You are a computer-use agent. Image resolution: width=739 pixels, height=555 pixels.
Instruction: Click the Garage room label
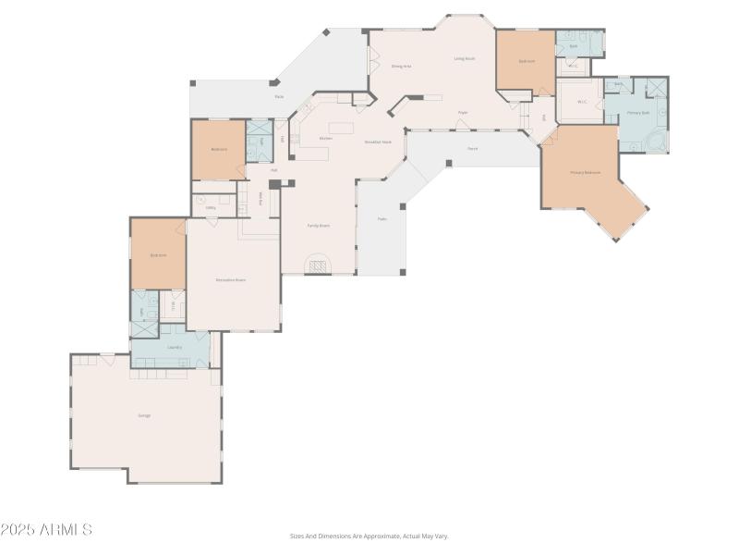[x=144, y=415]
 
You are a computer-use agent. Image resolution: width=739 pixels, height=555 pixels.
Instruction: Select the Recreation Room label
[x=230, y=279]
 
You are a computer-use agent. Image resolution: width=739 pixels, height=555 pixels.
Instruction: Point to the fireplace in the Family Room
[x=318, y=266]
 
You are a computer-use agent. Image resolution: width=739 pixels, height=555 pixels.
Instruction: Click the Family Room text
[x=319, y=225]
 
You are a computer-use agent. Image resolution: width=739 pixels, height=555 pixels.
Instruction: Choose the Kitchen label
[x=325, y=139]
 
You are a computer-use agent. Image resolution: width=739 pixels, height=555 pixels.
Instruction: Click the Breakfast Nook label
[x=378, y=142]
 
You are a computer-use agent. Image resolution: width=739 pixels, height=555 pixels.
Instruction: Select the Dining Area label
[x=401, y=67]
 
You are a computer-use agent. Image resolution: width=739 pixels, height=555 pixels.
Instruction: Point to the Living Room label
[x=464, y=58]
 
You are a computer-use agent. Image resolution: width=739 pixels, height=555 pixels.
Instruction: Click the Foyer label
[x=463, y=113]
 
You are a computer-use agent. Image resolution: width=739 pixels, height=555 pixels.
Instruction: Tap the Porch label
[x=472, y=148]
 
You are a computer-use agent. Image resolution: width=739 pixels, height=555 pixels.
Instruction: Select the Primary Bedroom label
[x=585, y=173]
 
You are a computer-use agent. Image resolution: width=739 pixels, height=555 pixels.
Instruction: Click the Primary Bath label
[x=638, y=113]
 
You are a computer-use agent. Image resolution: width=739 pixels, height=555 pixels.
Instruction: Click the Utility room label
[x=211, y=207]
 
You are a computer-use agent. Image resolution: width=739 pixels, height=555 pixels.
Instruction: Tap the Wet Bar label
[x=261, y=198]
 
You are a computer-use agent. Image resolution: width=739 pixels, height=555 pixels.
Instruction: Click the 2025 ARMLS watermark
[x=46, y=530]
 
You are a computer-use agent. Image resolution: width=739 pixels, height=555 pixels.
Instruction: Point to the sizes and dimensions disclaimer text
[x=369, y=536]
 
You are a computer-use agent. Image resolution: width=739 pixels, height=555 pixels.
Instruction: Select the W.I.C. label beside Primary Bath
[x=582, y=102]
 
